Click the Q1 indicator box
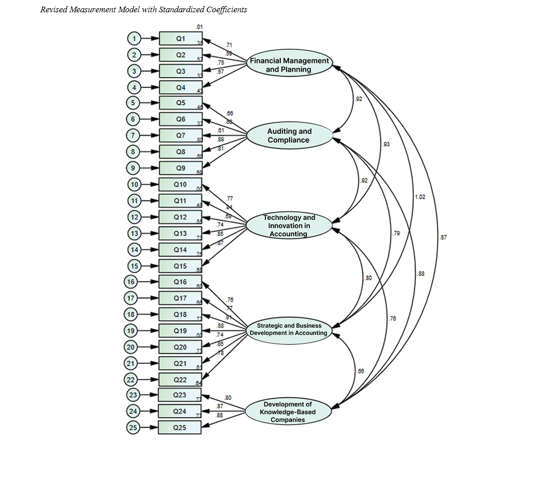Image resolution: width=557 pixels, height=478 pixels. point(181,38)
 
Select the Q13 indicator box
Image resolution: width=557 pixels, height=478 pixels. point(180,233)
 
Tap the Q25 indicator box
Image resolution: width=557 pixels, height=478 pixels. point(180,428)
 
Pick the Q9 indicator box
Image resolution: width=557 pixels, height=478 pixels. point(181,168)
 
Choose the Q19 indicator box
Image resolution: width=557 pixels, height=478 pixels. point(180,331)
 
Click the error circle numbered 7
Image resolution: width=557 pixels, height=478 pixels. point(133,135)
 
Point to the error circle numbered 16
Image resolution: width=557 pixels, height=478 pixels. point(131,282)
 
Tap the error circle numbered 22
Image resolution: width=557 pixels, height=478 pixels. point(131,379)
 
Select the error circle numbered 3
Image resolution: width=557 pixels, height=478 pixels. point(133,71)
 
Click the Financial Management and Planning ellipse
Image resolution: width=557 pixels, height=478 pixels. point(289,64)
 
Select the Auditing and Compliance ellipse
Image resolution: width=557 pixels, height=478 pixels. point(289,135)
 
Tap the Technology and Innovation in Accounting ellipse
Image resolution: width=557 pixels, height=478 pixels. point(289,225)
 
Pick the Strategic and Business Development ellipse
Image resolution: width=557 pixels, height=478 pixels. point(289,329)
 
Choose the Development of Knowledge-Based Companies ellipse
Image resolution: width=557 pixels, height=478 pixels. point(288,412)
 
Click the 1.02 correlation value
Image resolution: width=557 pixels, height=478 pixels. point(419,197)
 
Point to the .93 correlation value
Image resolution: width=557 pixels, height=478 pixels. point(386,145)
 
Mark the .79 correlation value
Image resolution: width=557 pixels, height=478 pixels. point(396,234)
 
